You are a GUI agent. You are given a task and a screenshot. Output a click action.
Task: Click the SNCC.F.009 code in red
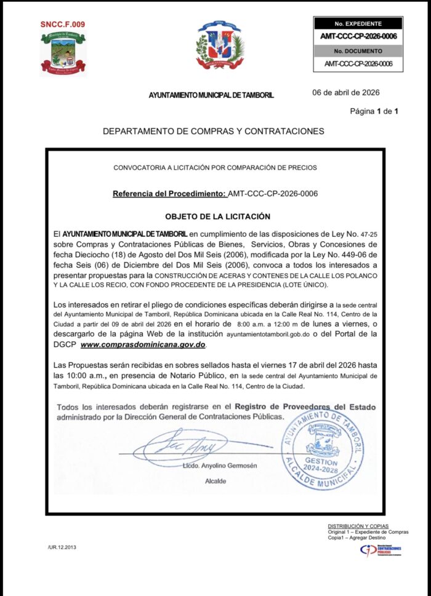pos(63,25)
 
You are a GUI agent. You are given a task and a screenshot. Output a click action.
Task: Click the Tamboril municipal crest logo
pos(63,52)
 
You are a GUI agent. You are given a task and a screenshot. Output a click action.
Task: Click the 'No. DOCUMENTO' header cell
pos(358,51)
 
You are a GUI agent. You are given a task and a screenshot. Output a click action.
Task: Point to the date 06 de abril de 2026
pos(346,93)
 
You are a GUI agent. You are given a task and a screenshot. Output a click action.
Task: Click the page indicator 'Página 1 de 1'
pos(374,111)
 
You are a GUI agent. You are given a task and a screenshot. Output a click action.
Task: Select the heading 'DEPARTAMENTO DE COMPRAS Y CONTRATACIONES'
pos(213,132)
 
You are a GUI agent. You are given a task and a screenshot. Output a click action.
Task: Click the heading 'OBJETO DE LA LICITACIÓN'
pos(217,217)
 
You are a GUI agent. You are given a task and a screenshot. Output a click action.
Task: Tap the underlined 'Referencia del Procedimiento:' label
pos(169,194)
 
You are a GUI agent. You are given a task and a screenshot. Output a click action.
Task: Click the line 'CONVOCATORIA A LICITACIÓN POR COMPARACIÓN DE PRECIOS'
pos(215,167)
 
